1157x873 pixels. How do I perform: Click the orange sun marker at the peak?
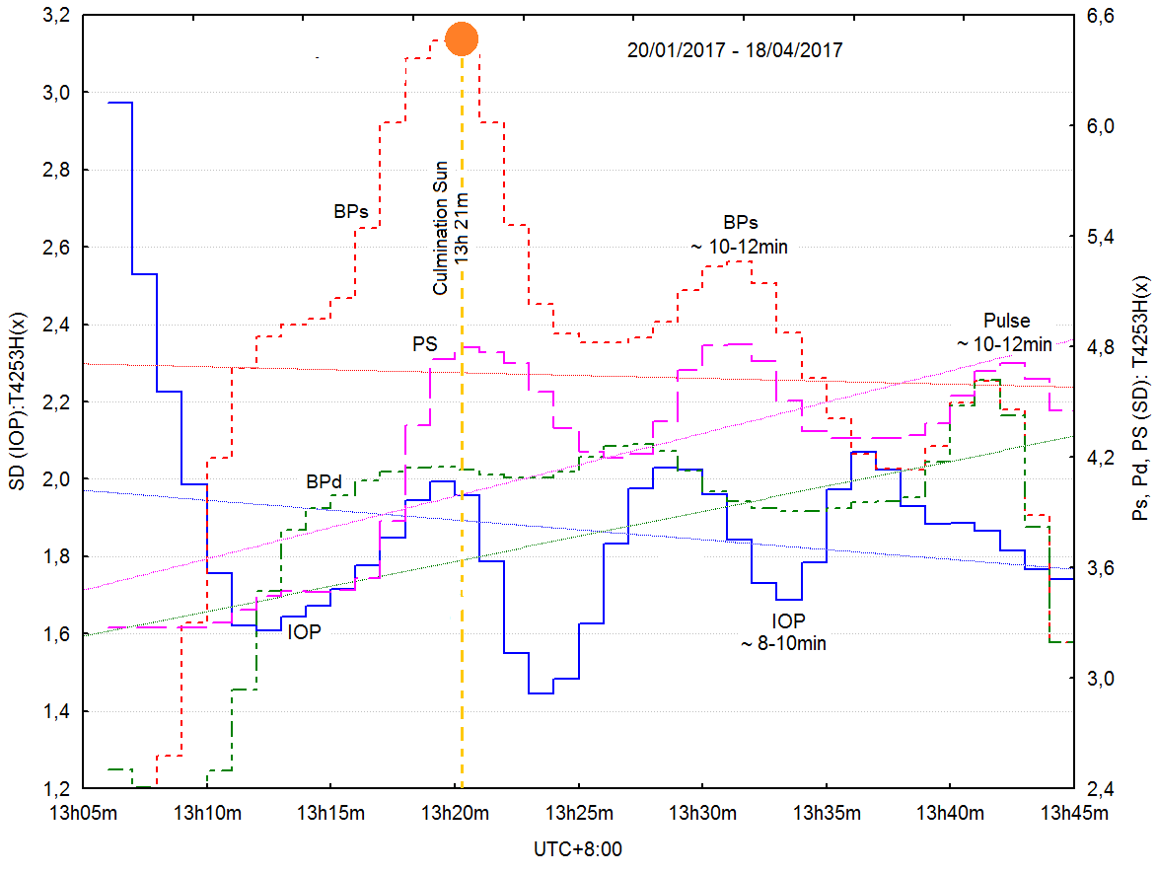[x=462, y=38]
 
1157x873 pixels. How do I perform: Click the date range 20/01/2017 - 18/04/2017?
[x=735, y=49]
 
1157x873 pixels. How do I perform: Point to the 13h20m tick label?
[x=455, y=813]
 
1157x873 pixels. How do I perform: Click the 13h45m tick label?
[x=1073, y=813]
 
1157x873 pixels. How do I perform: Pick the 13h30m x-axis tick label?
[x=702, y=813]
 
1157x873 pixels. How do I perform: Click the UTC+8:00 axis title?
[x=578, y=848]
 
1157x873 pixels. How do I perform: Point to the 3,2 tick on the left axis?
[x=58, y=16]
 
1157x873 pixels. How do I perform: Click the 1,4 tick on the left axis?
[x=58, y=711]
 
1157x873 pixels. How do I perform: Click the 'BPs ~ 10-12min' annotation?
[x=742, y=234]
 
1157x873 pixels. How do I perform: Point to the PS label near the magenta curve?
[x=424, y=345]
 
